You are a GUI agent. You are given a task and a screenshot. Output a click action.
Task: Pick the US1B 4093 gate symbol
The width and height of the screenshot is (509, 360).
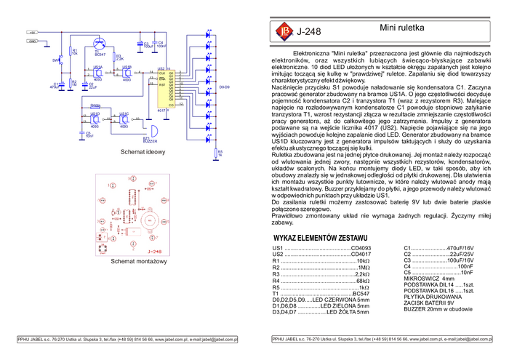pyautogui.click(x=127, y=73)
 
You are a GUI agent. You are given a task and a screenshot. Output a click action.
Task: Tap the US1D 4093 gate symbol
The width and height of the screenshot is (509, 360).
pyautogui.click(x=95, y=119)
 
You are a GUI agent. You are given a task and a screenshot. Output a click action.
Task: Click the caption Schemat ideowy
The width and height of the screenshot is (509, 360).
pyautogui.click(x=143, y=153)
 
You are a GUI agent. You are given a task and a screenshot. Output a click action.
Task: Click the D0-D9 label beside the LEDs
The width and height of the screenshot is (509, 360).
pyautogui.click(x=225, y=87)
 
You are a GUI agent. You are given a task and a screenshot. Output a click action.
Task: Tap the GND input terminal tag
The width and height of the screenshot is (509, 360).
pyautogui.click(x=32, y=41)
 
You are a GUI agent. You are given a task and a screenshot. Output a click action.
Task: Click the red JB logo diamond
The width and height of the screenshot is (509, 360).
pyautogui.click(x=283, y=31)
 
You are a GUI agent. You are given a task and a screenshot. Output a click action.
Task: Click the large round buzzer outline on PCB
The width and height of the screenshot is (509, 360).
pyautogui.click(x=152, y=217)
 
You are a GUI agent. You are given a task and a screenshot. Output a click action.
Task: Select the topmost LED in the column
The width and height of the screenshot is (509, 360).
pyautogui.click(x=209, y=33)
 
